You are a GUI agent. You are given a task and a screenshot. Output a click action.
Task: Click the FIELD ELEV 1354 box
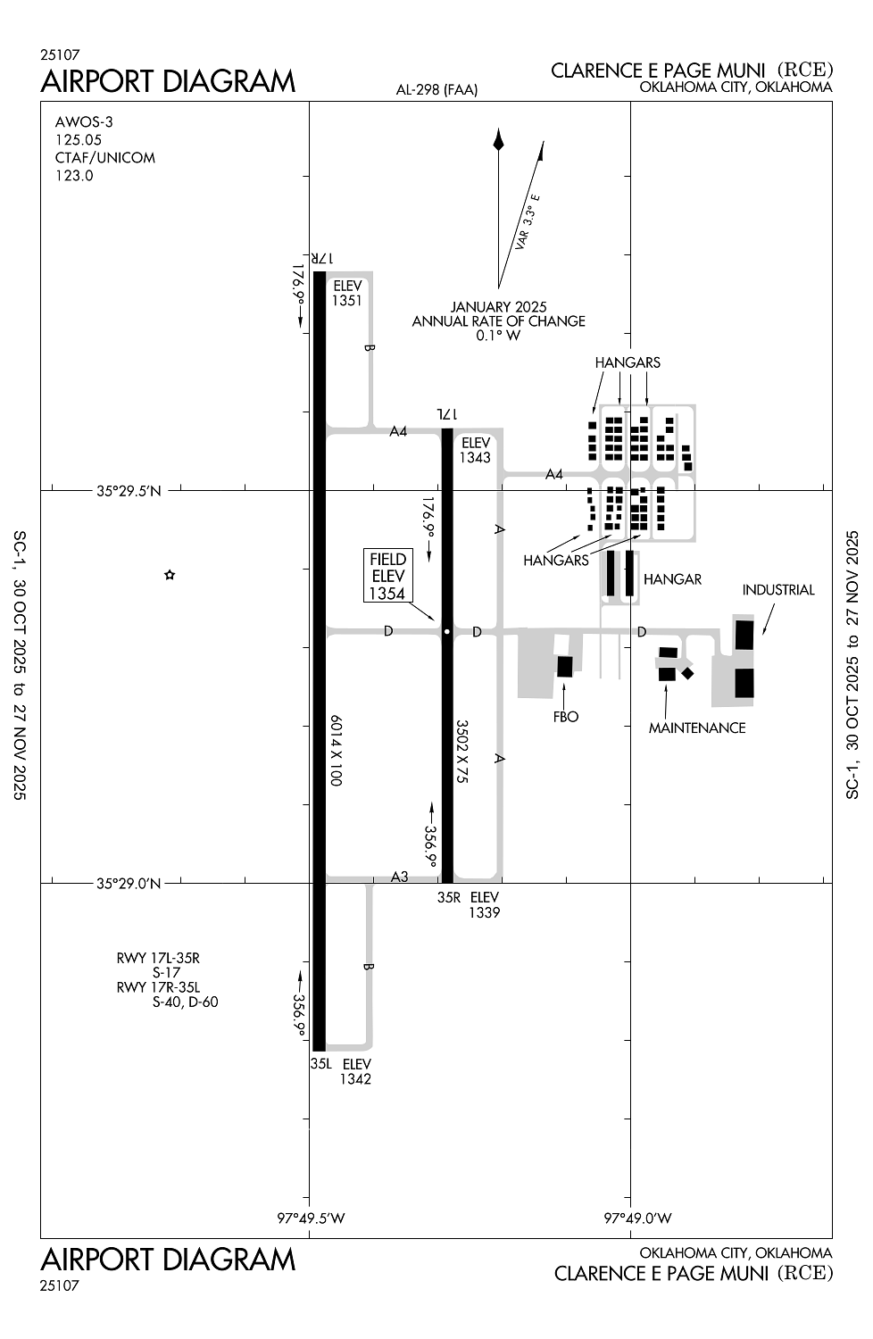(x=387, y=576)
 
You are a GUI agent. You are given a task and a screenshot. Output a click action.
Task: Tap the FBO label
(x=566, y=717)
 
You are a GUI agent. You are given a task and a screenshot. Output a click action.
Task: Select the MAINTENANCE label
(x=696, y=728)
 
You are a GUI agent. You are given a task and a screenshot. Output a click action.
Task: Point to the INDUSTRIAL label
(x=777, y=590)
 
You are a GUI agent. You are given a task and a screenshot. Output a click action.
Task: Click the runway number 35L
(x=321, y=1064)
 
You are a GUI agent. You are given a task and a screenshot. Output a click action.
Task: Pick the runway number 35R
(x=449, y=897)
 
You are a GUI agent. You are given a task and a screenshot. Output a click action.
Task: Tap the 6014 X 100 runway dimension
(x=336, y=750)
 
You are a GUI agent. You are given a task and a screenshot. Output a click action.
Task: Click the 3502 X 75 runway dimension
(x=462, y=752)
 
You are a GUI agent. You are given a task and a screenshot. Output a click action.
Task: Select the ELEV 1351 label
(x=347, y=293)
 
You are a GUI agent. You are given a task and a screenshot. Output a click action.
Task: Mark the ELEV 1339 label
(x=485, y=904)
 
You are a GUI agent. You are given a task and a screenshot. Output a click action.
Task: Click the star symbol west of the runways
(x=170, y=575)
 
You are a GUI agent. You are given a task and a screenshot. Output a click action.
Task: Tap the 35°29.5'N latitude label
(x=129, y=490)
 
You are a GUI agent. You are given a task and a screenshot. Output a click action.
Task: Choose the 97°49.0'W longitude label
(x=637, y=1218)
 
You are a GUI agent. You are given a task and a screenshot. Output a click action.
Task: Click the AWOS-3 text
(x=84, y=122)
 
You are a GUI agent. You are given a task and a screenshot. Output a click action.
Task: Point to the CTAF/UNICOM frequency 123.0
(x=74, y=176)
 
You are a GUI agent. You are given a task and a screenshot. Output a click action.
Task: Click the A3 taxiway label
(x=400, y=877)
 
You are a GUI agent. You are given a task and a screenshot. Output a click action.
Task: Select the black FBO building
(x=564, y=666)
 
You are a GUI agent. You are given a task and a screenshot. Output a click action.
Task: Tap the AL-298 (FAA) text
(x=437, y=89)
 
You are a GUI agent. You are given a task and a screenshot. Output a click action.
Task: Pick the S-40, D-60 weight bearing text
(x=185, y=1002)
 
